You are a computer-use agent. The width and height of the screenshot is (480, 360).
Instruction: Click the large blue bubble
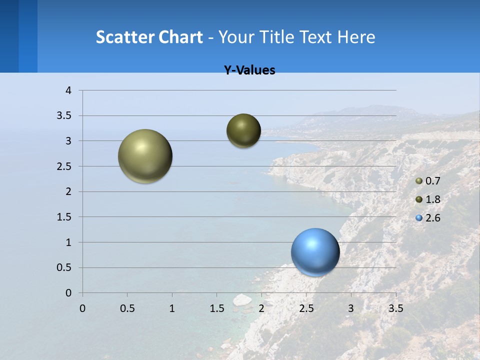[315, 252]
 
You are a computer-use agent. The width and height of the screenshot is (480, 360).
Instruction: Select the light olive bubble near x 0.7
[145, 156]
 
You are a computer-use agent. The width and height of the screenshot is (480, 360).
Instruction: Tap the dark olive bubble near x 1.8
[243, 130]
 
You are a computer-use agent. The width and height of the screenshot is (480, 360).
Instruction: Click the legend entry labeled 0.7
[428, 181]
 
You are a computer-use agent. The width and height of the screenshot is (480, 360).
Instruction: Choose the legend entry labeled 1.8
[428, 199]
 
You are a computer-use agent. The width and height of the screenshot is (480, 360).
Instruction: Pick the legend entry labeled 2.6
[428, 218]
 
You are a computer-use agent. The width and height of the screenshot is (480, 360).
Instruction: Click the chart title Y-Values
[249, 70]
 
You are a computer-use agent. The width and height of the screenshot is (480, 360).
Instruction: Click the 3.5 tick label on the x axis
[395, 308]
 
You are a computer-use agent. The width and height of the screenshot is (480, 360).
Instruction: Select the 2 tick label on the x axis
[261, 308]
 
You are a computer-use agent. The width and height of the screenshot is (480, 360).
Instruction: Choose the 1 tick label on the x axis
[172, 308]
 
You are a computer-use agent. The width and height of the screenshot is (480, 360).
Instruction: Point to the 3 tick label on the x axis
[350, 308]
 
